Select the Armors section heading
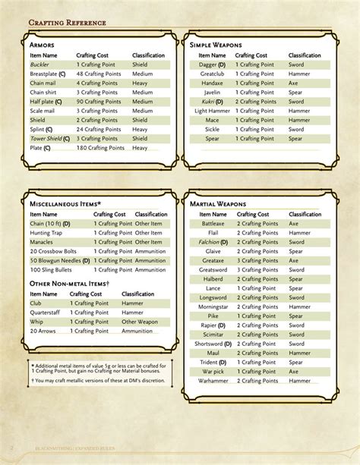[x=44, y=46]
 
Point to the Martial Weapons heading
[x=217, y=204]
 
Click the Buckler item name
[x=40, y=65]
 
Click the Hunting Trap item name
[x=47, y=233]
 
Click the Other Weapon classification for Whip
[x=140, y=322]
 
